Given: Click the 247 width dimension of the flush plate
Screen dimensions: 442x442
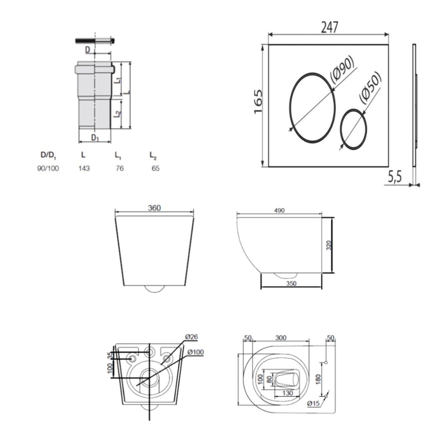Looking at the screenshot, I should tap(329, 27).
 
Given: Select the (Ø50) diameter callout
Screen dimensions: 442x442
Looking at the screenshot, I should tap(370, 88).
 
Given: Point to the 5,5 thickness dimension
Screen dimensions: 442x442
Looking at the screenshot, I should tap(395, 177).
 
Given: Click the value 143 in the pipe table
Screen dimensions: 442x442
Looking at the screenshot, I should tap(84, 168).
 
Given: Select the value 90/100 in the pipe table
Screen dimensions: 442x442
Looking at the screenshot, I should tap(48, 168).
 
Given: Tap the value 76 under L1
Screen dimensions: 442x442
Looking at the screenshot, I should tap(119, 168).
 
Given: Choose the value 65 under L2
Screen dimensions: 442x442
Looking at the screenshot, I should tap(155, 168).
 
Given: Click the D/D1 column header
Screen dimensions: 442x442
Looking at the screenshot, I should tap(48, 155).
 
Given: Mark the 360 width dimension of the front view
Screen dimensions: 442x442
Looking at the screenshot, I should tap(154, 208).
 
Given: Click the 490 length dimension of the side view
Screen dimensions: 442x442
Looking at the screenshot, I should tap(279, 210).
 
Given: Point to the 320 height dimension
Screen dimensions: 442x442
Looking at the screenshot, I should tap(329, 246).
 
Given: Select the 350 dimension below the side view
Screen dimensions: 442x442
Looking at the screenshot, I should tap(291, 284).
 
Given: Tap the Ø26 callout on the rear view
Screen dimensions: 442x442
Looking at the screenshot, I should tap(191, 337).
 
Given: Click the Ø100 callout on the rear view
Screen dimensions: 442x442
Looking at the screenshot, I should tap(195, 352).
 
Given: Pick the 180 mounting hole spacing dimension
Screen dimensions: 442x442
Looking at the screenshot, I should tap(318, 379).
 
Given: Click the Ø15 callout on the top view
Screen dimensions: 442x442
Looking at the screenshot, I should tap(313, 404).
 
